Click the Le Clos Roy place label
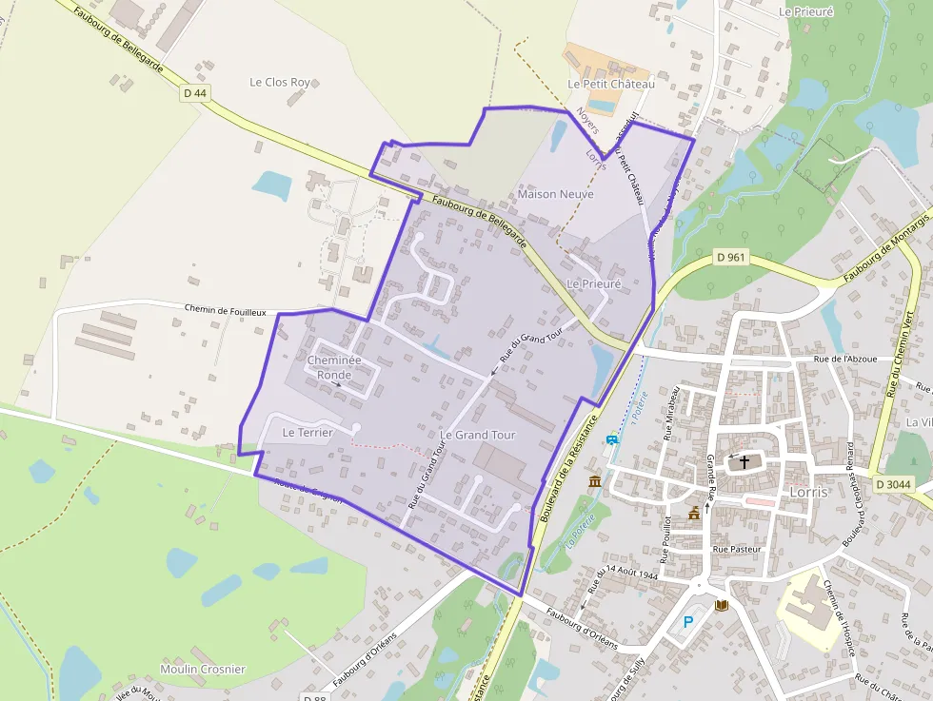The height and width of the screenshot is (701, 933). (280, 83)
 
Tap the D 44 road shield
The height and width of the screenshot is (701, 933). (194, 92)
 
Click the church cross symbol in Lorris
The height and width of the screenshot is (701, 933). (744, 462)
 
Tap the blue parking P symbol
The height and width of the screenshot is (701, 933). (688, 622)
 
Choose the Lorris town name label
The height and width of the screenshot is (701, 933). (808, 492)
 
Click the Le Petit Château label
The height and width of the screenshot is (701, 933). (611, 84)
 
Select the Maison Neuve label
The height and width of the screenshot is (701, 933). (555, 194)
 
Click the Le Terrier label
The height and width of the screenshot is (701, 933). (308, 432)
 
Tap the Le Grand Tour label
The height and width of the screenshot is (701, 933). (478, 435)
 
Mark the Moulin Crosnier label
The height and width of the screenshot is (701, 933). (203, 669)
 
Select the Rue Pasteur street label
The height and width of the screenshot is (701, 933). (737, 549)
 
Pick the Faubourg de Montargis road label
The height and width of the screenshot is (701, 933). (886, 250)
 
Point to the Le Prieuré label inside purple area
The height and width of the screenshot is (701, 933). (593, 283)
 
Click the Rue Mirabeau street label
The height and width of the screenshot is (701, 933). (671, 412)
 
